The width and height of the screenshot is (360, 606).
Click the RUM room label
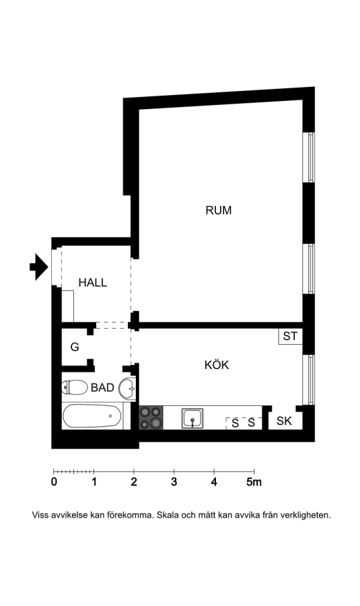pyautogui.click(x=218, y=210)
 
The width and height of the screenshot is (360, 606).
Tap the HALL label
pyautogui.click(x=93, y=283)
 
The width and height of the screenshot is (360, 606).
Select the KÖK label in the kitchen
pyautogui.click(x=217, y=365)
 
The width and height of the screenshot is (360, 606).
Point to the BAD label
pyautogui.click(x=102, y=387)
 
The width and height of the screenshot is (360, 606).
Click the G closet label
pyautogui.click(x=75, y=347)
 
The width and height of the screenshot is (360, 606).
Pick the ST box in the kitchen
pyautogui.click(x=291, y=336)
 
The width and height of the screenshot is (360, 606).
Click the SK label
pyautogui.click(x=284, y=421)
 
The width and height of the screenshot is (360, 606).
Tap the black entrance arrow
pyautogui.click(x=38, y=267)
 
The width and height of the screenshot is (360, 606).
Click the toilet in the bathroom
pyautogui.click(x=75, y=387)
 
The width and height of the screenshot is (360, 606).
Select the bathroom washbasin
pyautogui.click(x=127, y=388)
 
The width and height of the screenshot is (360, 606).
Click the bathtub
pyautogui.click(x=92, y=416)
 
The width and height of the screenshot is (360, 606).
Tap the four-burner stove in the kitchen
pyautogui.click(x=151, y=417)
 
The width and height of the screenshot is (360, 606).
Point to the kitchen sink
pyautogui.click(x=192, y=418)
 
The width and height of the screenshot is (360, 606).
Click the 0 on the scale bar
pyautogui.click(x=54, y=482)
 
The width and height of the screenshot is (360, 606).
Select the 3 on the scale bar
pyautogui.click(x=174, y=482)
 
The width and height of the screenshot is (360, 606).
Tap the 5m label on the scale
pyautogui.click(x=254, y=482)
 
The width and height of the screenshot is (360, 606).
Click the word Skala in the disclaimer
pyautogui.click(x=166, y=515)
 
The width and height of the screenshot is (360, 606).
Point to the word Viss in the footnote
pyautogui.click(x=40, y=515)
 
